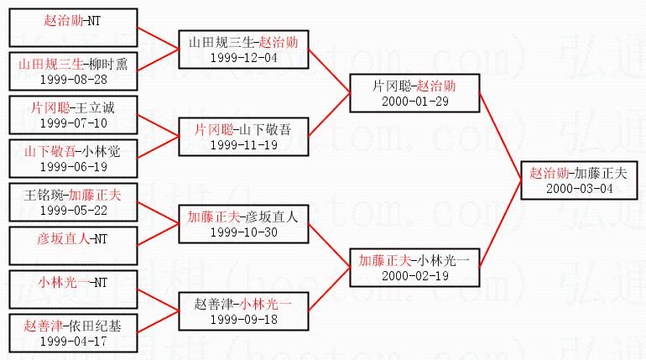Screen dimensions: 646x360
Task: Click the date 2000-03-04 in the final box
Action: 578,188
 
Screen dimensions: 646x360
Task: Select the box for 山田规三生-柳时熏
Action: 74,70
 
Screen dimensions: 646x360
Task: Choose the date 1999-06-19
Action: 74,166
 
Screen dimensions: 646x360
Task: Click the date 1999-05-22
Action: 74,210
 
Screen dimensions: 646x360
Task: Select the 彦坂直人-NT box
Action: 74,244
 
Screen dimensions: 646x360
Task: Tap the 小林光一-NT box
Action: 74,288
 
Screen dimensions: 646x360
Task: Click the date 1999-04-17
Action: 74,342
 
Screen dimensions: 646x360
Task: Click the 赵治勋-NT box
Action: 74,26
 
